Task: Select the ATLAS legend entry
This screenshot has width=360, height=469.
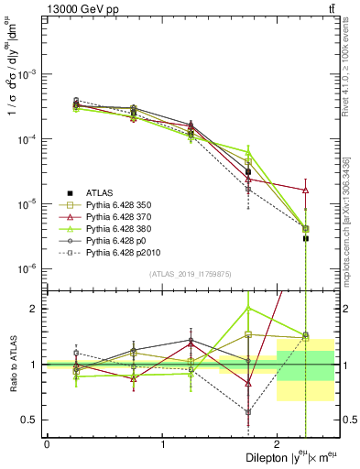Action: (102, 192)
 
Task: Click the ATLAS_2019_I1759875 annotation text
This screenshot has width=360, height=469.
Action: (190, 274)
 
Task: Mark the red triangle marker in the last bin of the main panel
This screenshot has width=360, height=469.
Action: (306, 190)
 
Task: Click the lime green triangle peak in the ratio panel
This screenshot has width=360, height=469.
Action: (248, 308)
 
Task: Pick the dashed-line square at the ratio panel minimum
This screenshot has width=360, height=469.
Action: (248, 412)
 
